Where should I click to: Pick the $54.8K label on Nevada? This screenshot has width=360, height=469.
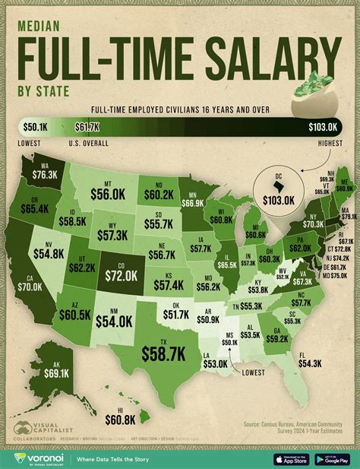(51, 250)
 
